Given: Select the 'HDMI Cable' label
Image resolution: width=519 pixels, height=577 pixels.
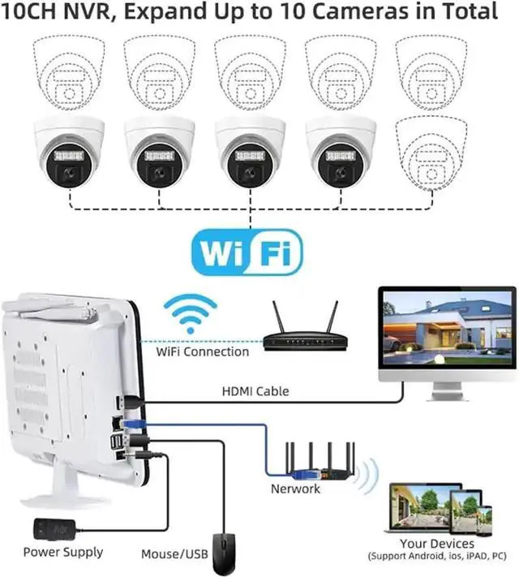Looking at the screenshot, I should (x=255, y=391).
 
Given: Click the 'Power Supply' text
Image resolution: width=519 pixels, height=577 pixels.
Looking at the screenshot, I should (x=63, y=552).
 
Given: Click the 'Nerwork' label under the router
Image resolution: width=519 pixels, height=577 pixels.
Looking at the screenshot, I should (x=295, y=489).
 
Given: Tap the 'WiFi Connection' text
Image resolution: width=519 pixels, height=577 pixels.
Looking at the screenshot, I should (x=202, y=351).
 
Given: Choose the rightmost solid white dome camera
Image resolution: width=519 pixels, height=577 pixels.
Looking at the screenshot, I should (x=341, y=152).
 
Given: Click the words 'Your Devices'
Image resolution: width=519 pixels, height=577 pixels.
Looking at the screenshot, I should (x=437, y=543).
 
